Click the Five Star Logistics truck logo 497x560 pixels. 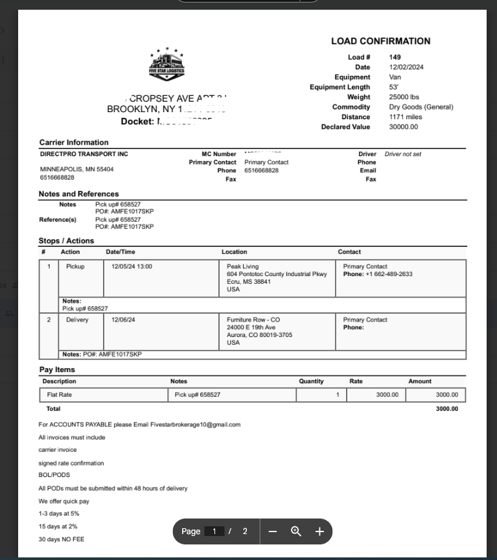pos(167,65)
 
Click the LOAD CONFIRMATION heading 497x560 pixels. pos(380,41)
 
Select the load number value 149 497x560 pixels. pos(395,57)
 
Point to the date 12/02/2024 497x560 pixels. pos(406,67)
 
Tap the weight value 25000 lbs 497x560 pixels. pos(404,97)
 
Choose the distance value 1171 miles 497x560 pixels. pos(406,117)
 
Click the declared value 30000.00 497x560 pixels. pos(404,127)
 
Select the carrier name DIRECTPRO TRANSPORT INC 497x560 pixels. pos(84,154)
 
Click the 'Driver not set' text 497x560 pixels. pos(403,154)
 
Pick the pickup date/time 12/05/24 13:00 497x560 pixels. pos(132,266)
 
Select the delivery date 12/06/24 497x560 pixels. pos(123,320)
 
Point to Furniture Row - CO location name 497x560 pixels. pos(253,320)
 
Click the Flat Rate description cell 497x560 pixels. pos(60,395)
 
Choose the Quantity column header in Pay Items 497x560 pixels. pos(311,381)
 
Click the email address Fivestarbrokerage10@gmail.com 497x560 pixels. pos(195,425)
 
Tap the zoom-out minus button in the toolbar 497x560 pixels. pos(273,531)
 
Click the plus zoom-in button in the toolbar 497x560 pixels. pos(319,531)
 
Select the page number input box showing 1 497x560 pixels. pos(214,531)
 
